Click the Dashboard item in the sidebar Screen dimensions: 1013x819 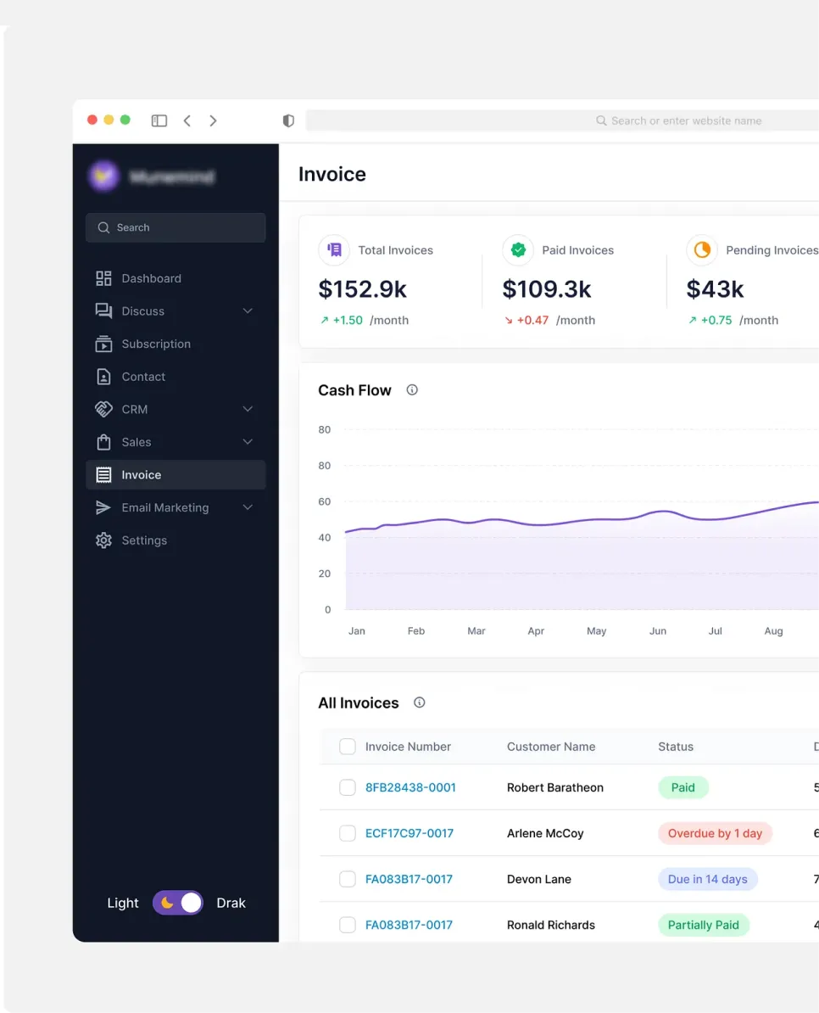click(x=151, y=278)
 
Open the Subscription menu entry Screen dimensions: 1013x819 click(x=155, y=344)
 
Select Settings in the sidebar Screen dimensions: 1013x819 click(x=143, y=540)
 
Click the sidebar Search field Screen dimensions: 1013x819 click(x=175, y=227)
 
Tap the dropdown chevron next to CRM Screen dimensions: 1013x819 click(x=248, y=409)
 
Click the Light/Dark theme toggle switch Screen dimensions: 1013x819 click(x=178, y=903)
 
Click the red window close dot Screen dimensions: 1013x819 click(x=92, y=120)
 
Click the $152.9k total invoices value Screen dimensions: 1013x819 click(x=362, y=289)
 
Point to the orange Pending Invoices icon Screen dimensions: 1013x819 click(x=702, y=250)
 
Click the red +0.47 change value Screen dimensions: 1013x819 click(x=532, y=320)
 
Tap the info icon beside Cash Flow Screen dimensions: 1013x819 click(x=412, y=390)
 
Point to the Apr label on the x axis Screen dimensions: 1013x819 click(x=536, y=631)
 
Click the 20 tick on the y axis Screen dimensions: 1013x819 click(x=325, y=574)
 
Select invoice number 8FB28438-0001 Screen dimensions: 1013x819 click(x=410, y=787)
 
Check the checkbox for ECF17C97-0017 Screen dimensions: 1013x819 click(x=348, y=833)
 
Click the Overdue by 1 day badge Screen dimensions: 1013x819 click(x=715, y=833)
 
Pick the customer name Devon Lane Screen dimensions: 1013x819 click(x=538, y=879)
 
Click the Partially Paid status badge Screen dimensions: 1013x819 click(x=703, y=925)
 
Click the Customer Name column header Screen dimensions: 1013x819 click(x=551, y=747)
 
